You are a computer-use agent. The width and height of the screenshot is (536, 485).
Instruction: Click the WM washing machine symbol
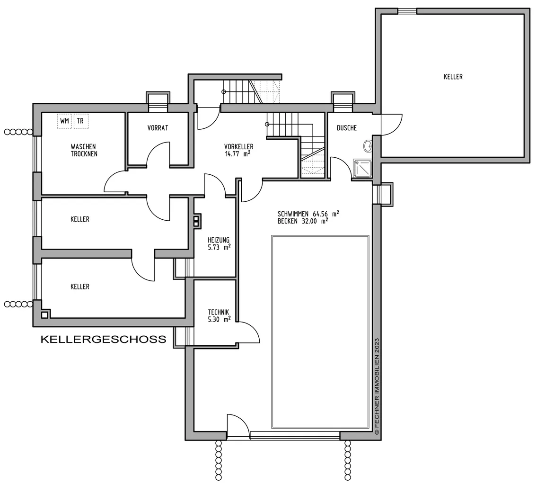click(64, 121)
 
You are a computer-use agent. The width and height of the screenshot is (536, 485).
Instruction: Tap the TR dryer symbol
click(81, 121)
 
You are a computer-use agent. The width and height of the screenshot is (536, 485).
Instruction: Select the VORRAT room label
click(158, 128)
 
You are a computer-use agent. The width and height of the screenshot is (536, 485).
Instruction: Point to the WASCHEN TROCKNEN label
click(84, 150)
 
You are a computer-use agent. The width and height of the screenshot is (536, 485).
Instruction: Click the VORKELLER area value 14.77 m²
click(237, 154)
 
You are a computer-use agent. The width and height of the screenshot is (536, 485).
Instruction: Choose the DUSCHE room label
click(347, 128)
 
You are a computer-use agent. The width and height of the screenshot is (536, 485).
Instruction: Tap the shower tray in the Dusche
click(362, 169)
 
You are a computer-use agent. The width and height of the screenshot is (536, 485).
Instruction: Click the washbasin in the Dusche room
click(369, 146)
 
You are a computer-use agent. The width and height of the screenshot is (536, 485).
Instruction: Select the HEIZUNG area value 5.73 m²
click(219, 247)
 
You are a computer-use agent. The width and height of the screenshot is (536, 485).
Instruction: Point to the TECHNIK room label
click(219, 312)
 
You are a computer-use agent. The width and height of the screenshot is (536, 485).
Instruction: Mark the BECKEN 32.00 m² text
click(303, 221)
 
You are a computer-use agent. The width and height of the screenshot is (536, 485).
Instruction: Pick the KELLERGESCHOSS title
click(103, 339)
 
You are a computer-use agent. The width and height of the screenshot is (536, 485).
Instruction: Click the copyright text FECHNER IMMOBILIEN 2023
click(377, 386)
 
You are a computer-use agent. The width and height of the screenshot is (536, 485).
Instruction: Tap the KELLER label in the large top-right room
click(453, 77)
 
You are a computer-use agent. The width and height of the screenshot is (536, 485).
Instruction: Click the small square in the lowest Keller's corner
click(45, 314)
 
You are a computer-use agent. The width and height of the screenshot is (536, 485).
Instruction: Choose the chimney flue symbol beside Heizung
click(196, 221)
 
